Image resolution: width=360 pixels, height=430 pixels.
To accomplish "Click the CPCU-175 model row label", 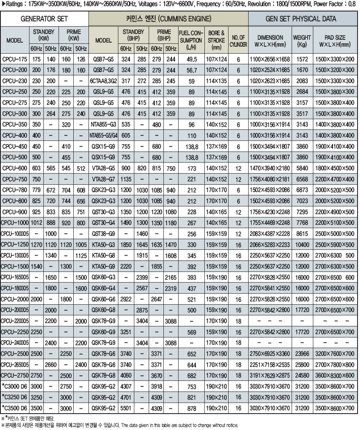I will pyautogui.click(x=15, y=59).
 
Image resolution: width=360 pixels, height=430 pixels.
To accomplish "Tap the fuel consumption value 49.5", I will pyautogui.click(x=192, y=59).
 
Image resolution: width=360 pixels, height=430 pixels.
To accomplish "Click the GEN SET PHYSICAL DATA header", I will pyautogui.click(x=303, y=19).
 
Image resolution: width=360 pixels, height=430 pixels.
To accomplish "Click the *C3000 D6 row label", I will pyautogui.click(x=15, y=386).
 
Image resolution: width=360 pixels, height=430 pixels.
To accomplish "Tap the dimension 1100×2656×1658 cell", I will pyautogui.click(x=270, y=59).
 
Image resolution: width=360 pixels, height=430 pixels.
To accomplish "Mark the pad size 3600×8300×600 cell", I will pyautogui.click(x=335, y=375).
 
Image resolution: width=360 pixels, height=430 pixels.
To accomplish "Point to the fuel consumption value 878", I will pyautogui.click(x=192, y=408).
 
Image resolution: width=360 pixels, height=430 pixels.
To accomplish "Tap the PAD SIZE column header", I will pyautogui.click(x=335, y=40).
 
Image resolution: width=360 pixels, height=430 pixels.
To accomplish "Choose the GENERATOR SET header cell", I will pyautogui.click(x=44, y=19).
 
